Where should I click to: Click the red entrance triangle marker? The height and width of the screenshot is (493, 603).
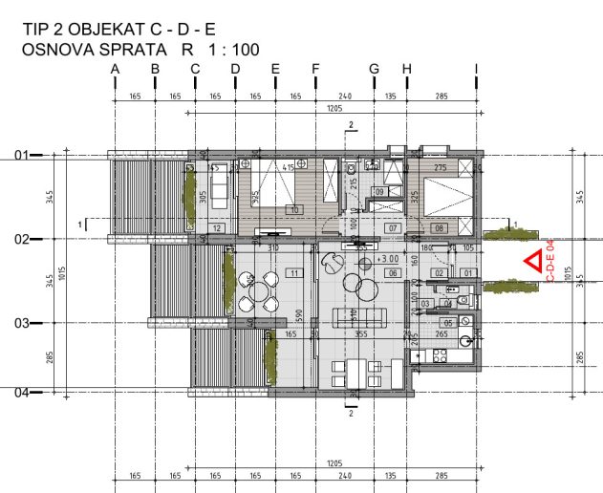tap(532, 263)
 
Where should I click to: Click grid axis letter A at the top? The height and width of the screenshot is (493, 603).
tap(115, 68)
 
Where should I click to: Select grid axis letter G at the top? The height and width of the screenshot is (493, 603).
tap(374, 68)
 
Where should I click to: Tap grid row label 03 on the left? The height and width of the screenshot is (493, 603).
tap(21, 323)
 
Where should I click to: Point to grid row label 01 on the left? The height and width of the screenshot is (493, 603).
tap(21, 154)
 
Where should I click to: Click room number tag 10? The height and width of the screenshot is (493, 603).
tap(294, 209)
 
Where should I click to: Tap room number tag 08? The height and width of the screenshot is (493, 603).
tap(440, 228)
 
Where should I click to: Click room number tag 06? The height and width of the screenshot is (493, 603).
tap(392, 273)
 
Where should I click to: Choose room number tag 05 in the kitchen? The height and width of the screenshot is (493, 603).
tap(447, 323)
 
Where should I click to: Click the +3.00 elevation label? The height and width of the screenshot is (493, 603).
tap(389, 258)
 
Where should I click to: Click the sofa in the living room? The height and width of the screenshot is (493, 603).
tap(355, 316)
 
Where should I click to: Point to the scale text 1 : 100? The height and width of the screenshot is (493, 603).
tap(231, 49)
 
